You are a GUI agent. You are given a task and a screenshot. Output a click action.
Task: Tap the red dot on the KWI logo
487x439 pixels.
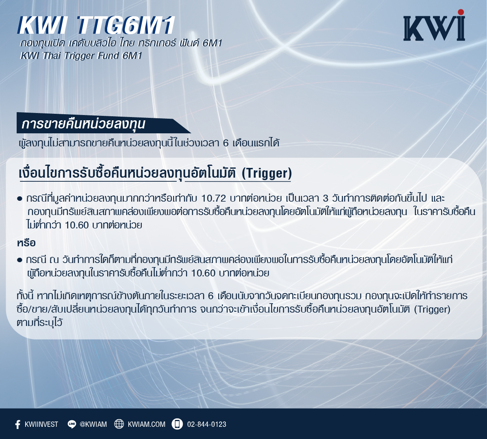click(461, 12)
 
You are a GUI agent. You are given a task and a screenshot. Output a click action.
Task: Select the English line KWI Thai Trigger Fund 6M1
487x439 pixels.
click(81, 56)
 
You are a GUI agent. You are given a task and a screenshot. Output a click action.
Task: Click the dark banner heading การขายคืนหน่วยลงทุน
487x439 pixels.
click(83, 124)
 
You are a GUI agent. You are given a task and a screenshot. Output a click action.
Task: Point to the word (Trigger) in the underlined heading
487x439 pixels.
click(267, 173)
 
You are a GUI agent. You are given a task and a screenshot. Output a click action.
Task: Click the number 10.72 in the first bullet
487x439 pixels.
click(214, 198)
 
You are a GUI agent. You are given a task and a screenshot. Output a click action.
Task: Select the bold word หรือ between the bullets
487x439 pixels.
click(26, 243)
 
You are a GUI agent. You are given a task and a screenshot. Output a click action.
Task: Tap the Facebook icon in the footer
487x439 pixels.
click(18, 424)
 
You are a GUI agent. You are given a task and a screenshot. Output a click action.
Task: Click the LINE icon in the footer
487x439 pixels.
click(72, 424)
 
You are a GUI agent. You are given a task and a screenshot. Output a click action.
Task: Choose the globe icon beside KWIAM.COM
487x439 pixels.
click(119, 424)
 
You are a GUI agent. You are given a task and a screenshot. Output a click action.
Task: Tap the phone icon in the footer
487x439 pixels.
click(177, 424)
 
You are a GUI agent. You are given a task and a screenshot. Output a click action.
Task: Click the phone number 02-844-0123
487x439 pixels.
click(207, 424)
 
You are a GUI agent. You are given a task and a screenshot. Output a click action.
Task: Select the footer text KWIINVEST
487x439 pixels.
click(41, 424)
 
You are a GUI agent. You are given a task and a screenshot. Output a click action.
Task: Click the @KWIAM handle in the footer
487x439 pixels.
click(93, 424)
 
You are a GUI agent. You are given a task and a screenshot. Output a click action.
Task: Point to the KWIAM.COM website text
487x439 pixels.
click(147, 424)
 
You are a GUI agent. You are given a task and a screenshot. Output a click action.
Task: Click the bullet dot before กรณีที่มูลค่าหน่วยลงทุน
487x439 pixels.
click(20, 198)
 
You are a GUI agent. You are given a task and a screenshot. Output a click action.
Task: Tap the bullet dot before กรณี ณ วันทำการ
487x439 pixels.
click(20, 260)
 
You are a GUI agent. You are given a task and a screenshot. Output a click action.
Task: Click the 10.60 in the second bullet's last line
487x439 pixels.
click(203, 273)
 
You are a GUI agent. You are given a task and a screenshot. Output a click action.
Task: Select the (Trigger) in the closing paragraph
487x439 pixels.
click(432, 309)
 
